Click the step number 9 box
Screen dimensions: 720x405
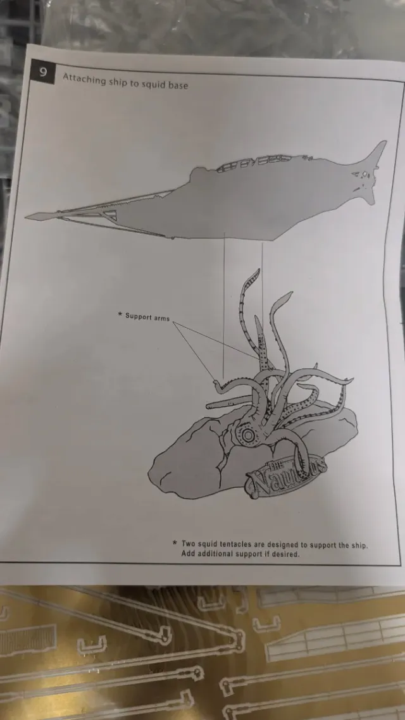[x=44, y=72]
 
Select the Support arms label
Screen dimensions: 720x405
[x=147, y=316]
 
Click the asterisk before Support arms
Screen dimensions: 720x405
[x=119, y=314]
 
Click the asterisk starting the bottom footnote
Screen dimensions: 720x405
[x=174, y=542]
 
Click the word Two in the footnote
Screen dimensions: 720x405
[x=189, y=543]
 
